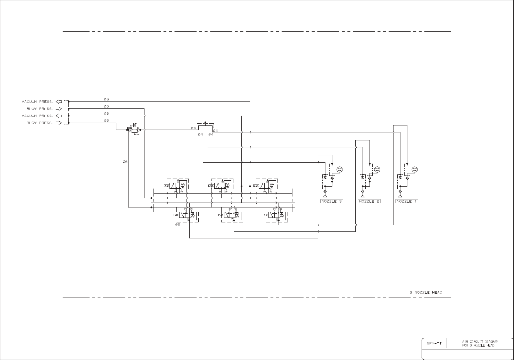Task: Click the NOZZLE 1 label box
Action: click(407, 201)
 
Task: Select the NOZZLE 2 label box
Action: click(369, 201)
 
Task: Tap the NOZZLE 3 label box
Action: click(332, 201)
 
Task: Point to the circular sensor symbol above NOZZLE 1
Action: click(414, 170)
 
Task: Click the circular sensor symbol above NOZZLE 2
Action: click(377, 170)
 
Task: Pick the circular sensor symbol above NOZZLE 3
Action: click(340, 170)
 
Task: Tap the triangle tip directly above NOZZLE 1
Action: click(400, 196)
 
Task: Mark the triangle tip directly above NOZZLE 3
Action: click(325, 196)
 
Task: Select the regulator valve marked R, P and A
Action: click(135, 129)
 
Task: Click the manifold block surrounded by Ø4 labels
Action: click(205, 125)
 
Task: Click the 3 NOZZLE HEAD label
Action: click(426, 293)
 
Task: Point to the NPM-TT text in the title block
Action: click(434, 343)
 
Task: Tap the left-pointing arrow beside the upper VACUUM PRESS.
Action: click(59, 102)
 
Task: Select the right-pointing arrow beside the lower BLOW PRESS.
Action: click(59, 123)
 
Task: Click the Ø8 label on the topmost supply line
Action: click(106, 99)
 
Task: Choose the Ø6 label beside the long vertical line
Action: click(125, 162)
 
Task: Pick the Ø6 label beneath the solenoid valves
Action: click(177, 224)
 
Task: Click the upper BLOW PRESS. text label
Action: click(40, 109)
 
